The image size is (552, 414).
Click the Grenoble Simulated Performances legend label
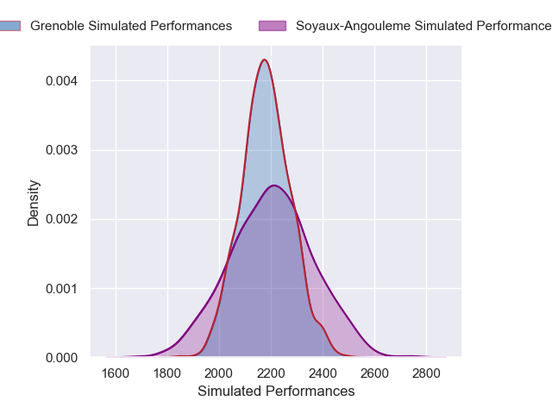coord(131,26)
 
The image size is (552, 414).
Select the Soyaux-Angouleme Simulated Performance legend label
coord(423,26)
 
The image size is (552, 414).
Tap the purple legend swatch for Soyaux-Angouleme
coord(272,26)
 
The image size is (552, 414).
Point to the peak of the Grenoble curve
coord(265,60)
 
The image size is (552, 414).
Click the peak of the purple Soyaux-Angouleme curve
coord(273,185)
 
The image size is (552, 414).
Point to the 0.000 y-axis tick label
coord(63,357)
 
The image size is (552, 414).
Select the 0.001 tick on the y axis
coord(63,288)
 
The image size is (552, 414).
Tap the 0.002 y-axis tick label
coord(63,219)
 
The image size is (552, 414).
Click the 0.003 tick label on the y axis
coord(63,150)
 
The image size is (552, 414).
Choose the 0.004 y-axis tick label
coord(63,81)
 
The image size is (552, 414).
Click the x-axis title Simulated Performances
coord(276,391)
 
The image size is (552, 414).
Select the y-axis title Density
coord(34,203)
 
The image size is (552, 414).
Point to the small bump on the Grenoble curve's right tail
coord(319,323)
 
